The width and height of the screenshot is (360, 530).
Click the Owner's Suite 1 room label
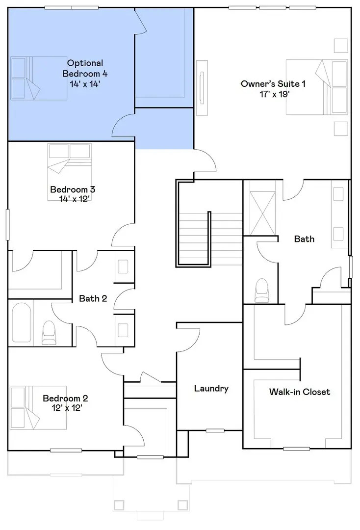[x=273, y=84]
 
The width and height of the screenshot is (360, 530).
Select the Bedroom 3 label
[x=73, y=189]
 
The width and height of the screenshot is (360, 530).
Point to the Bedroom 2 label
[x=65, y=398]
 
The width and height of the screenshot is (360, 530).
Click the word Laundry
[x=211, y=389]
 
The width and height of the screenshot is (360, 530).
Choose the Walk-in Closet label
[x=299, y=392]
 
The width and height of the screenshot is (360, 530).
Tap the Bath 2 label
[x=93, y=298]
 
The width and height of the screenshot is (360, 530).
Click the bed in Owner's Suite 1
[x=317, y=87]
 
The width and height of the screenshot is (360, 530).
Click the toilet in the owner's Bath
[x=262, y=291]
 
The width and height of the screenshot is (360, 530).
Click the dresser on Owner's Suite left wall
[x=201, y=87]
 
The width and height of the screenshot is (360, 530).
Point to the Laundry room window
[x=215, y=430]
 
